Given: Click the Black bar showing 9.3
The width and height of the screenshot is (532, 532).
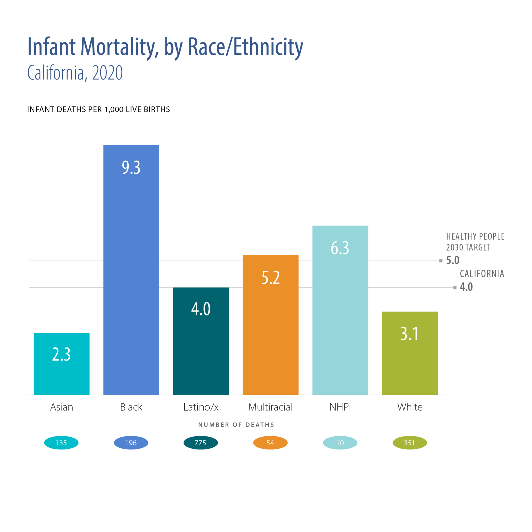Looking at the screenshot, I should click(131, 270).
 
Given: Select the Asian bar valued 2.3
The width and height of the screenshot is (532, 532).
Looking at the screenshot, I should click(61, 364).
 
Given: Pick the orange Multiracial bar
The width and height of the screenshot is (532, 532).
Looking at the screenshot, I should click(271, 325).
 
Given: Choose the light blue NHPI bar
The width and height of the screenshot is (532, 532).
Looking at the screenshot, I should click(340, 310).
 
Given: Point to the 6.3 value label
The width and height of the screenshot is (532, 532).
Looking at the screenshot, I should click(340, 248).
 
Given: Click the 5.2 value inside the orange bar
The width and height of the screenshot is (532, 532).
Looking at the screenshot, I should click(271, 277).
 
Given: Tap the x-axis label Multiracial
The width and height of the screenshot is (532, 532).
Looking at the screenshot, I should click(271, 407).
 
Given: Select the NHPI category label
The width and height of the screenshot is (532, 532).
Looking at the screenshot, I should click(340, 407).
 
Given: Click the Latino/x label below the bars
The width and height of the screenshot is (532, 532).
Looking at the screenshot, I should click(201, 407).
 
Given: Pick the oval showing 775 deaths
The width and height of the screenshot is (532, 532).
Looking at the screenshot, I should click(201, 443).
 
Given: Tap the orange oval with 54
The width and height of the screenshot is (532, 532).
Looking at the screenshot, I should click(270, 443).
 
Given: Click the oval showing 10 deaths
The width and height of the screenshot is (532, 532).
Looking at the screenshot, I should click(340, 443).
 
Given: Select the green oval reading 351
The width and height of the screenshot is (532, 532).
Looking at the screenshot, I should click(409, 443).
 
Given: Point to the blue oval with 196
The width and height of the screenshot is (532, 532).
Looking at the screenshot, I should click(131, 443).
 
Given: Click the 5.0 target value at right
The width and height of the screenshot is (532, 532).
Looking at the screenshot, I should click(453, 260).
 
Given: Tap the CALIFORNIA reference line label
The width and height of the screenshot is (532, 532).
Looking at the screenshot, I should click(482, 274).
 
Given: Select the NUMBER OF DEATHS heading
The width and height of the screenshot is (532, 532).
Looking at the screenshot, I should click(236, 425).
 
